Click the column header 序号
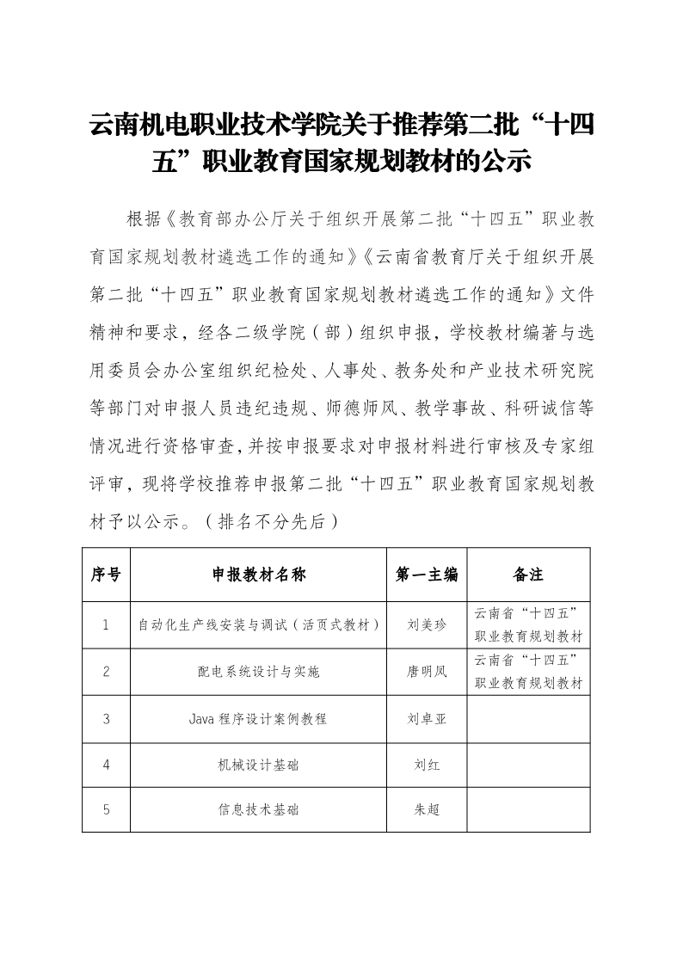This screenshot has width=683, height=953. click(x=106, y=575)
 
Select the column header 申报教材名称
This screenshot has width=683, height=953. click(x=258, y=575)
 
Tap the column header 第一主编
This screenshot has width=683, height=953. click(x=427, y=575)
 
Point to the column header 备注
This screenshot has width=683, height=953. click(x=528, y=575)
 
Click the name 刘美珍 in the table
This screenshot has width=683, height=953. click(x=427, y=625)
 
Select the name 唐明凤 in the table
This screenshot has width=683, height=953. click(x=427, y=672)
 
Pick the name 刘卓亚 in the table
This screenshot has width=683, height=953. click(x=427, y=718)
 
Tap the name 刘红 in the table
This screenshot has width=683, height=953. click(x=427, y=764)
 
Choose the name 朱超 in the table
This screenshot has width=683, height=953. click(x=427, y=809)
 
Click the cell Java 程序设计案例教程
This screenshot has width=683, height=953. click(x=258, y=718)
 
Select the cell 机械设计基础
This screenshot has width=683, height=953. click(x=258, y=764)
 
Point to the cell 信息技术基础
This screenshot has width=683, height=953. click(x=258, y=809)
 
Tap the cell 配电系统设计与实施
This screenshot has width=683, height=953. click(x=258, y=672)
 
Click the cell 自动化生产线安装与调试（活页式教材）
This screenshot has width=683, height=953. click(x=258, y=625)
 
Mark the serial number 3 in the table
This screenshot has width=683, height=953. click(x=106, y=718)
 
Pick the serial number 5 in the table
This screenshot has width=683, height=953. click(x=106, y=809)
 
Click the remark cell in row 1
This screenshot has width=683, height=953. click(x=528, y=625)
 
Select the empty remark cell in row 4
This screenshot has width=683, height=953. click(x=528, y=764)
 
